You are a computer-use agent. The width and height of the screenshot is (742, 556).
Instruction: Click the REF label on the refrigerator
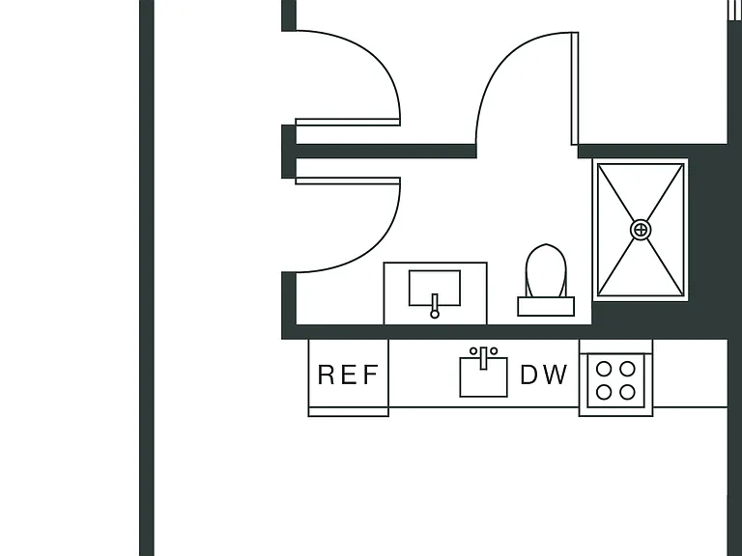point(348,375)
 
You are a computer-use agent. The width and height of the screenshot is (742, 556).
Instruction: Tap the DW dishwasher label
point(543,375)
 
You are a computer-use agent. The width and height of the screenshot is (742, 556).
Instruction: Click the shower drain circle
point(641,231)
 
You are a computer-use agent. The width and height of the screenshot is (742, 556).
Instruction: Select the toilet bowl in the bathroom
point(546,270)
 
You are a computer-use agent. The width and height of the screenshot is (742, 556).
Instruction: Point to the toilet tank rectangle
point(546,306)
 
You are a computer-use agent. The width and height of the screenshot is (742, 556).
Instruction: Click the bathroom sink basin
point(435,288)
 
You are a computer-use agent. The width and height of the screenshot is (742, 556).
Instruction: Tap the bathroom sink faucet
point(435,306)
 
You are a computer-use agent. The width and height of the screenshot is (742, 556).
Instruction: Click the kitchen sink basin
point(484,376)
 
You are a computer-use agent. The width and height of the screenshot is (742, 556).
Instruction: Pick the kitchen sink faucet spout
point(483,358)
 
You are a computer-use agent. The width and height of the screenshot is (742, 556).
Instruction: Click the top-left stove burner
point(603,369)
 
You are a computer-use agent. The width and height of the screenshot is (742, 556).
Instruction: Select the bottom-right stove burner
point(627,392)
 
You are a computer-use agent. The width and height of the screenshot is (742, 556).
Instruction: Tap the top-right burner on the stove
point(627,369)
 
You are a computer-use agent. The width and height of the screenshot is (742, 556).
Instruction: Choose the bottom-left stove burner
point(603,392)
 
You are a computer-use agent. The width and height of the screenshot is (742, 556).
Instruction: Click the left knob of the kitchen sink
point(473,351)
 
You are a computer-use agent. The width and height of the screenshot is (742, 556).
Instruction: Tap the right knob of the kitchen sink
point(494,351)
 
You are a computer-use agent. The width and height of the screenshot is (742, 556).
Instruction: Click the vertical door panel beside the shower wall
point(575,89)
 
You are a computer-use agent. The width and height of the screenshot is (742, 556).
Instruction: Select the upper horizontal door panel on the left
point(348,123)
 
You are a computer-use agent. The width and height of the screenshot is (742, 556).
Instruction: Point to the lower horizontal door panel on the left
point(348,181)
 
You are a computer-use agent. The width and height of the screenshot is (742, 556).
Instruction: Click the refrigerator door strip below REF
point(348,412)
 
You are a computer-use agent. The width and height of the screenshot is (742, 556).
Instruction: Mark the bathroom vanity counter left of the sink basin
point(396,293)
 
